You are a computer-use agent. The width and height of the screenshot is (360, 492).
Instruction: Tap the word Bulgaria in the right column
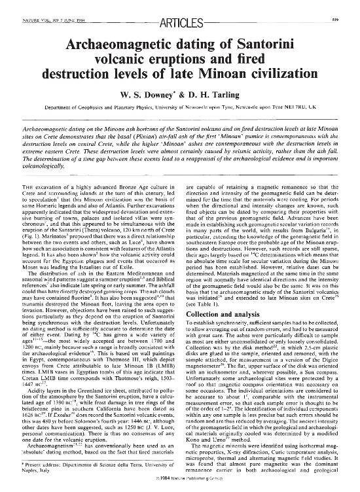pyautogui.click(x=317, y=214)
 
